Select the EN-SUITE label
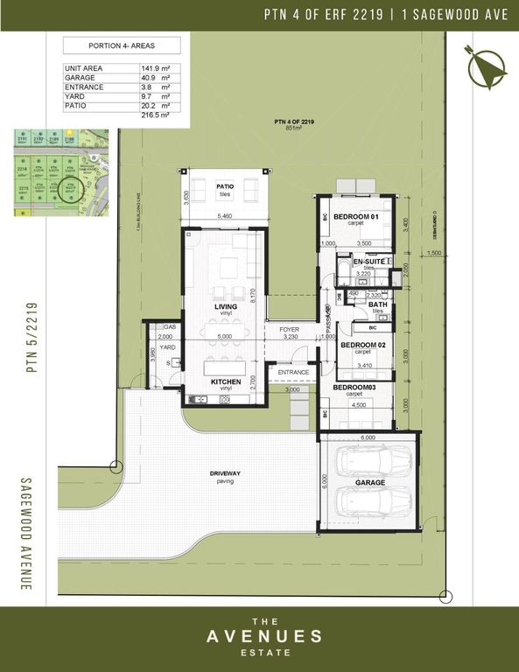(x=368, y=262)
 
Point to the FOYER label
(x=289, y=330)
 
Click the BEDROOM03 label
(x=354, y=387)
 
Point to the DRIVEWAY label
(x=225, y=472)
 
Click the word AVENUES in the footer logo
(x=259, y=636)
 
